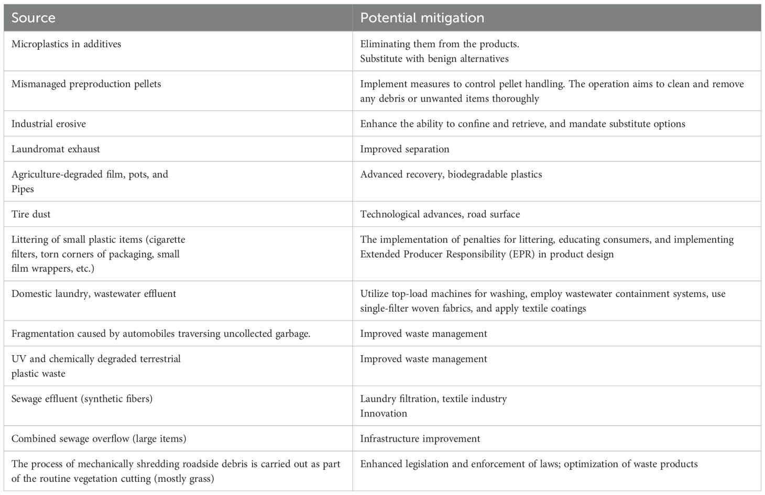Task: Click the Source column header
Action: tap(33, 18)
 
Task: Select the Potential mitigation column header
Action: tap(422, 18)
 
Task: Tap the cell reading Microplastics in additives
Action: tap(66, 44)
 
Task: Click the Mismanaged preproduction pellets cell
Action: tap(86, 84)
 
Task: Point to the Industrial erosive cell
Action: tap(49, 124)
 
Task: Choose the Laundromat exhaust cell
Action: tap(56, 149)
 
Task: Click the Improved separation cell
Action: tap(405, 149)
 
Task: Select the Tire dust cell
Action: tap(31, 214)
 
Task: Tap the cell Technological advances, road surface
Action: tap(440, 214)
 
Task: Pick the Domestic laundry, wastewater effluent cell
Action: tap(94, 294)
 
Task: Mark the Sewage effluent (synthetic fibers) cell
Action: tap(82, 399)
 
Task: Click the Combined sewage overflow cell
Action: tap(99, 438)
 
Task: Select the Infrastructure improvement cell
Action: tap(420, 438)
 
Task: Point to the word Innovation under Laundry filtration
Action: tap(384, 413)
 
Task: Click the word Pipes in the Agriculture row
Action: tap(23, 189)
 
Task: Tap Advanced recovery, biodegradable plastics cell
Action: tap(451, 174)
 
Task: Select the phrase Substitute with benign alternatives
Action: tap(434, 59)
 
